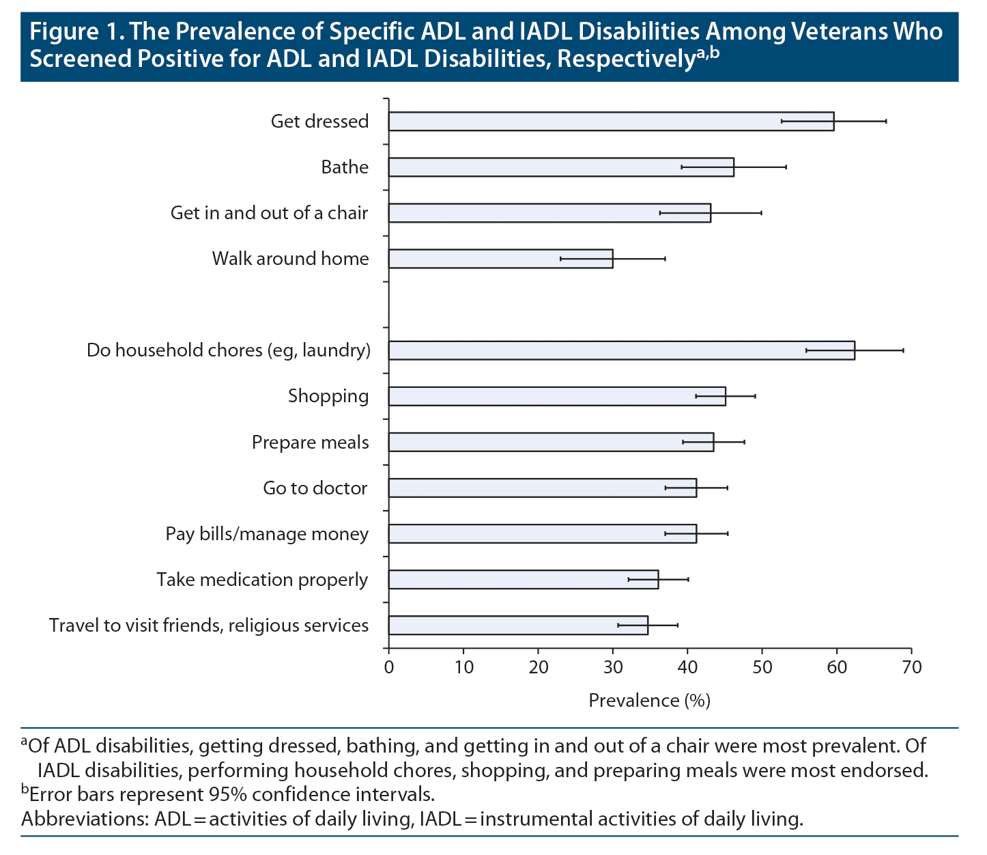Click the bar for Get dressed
pyautogui.click(x=611, y=122)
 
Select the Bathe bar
pyautogui.click(x=561, y=167)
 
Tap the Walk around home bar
pyautogui.click(x=500, y=259)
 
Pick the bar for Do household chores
pyautogui.click(x=621, y=350)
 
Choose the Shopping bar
pyautogui.click(x=557, y=396)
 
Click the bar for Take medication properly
pyautogui.click(x=524, y=580)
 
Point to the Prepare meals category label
pyautogui.click(x=311, y=443)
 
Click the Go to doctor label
pyautogui.click(x=315, y=488)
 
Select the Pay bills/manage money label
pyautogui.click(x=267, y=534)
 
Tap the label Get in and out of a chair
pyautogui.click(x=270, y=213)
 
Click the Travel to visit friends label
pyautogui.click(x=209, y=626)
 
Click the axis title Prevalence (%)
pyautogui.click(x=649, y=701)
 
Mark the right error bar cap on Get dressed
pyautogui.click(x=886, y=122)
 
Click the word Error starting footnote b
pyautogui.click(x=54, y=794)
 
